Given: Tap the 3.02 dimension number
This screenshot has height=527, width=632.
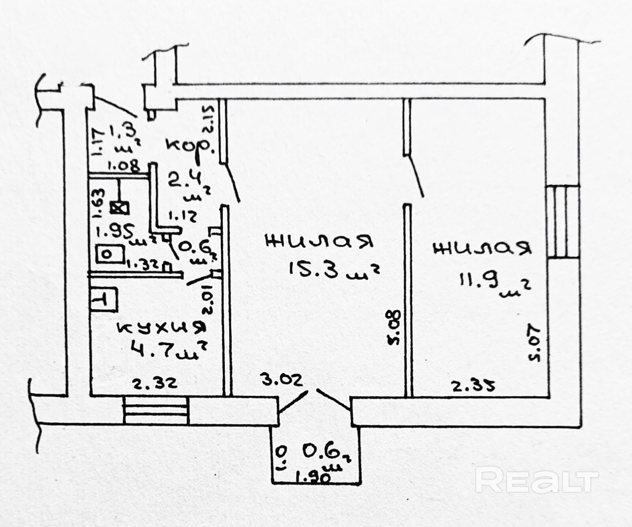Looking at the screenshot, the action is point(282,380).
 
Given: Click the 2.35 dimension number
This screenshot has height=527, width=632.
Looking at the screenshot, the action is point(473,385).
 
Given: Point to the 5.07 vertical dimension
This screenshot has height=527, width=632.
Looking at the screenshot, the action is point(534,342).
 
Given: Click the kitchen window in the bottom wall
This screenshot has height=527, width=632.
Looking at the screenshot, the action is point(156,410).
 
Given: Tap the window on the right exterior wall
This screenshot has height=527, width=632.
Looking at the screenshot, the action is point(562,221).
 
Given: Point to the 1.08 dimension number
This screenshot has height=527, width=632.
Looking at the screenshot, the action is point(123,166).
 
